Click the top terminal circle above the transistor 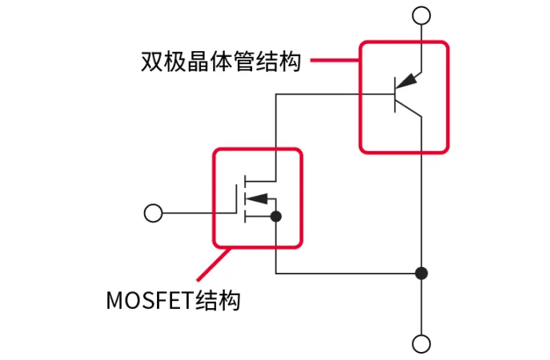(x=421, y=15)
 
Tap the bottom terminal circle (x=421, y=345)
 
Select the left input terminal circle (x=152, y=213)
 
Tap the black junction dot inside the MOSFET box (x=275, y=216)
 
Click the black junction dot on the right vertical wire (x=421, y=274)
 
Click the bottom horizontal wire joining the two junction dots (x=347, y=274)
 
